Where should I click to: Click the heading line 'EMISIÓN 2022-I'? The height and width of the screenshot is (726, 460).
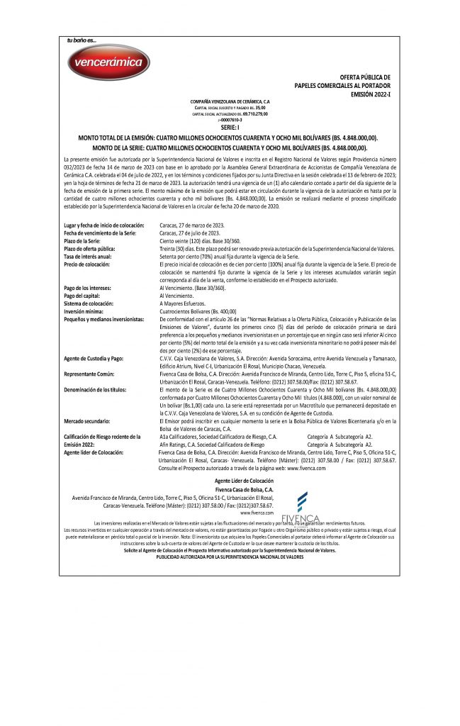[371, 93]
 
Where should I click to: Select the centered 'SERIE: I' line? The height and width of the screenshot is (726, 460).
[230, 127]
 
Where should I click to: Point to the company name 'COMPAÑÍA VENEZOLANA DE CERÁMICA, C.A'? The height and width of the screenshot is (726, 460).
[230, 102]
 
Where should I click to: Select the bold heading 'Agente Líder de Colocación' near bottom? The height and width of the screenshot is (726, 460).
[230, 481]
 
